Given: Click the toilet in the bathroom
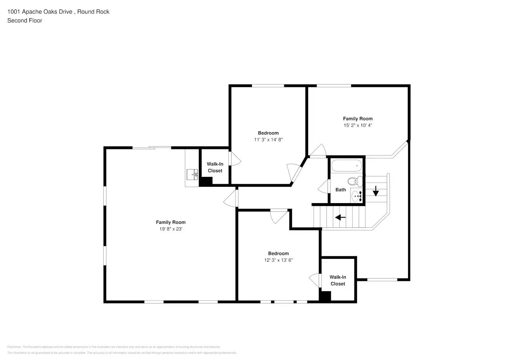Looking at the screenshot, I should click(x=354, y=181).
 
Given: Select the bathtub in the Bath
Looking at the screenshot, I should click(x=347, y=166).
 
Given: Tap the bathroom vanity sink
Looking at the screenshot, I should click(x=356, y=196).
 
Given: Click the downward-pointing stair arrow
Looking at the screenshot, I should click(x=376, y=191).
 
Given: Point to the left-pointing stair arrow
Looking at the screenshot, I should click(x=340, y=217).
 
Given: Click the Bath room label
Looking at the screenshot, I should click(x=341, y=190).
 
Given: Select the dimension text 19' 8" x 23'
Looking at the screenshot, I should click(x=171, y=229).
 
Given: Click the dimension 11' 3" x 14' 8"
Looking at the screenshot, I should click(x=268, y=140).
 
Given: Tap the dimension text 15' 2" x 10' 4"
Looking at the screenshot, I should click(x=358, y=125).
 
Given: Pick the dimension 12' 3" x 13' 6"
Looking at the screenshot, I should click(x=278, y=260).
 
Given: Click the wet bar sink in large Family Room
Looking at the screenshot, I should click(x=192, y=174).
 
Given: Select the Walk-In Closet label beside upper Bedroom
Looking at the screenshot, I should click(x=215, y=167).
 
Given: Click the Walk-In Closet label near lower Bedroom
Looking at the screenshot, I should click(x=338, y=281).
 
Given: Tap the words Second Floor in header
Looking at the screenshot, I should click(x=25, y=20).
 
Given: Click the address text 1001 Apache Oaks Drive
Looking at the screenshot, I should click(x=40, y=12).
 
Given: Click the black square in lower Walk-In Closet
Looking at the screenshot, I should click(x=325, y=296).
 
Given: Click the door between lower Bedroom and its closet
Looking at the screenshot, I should click(x=315, y=280).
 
